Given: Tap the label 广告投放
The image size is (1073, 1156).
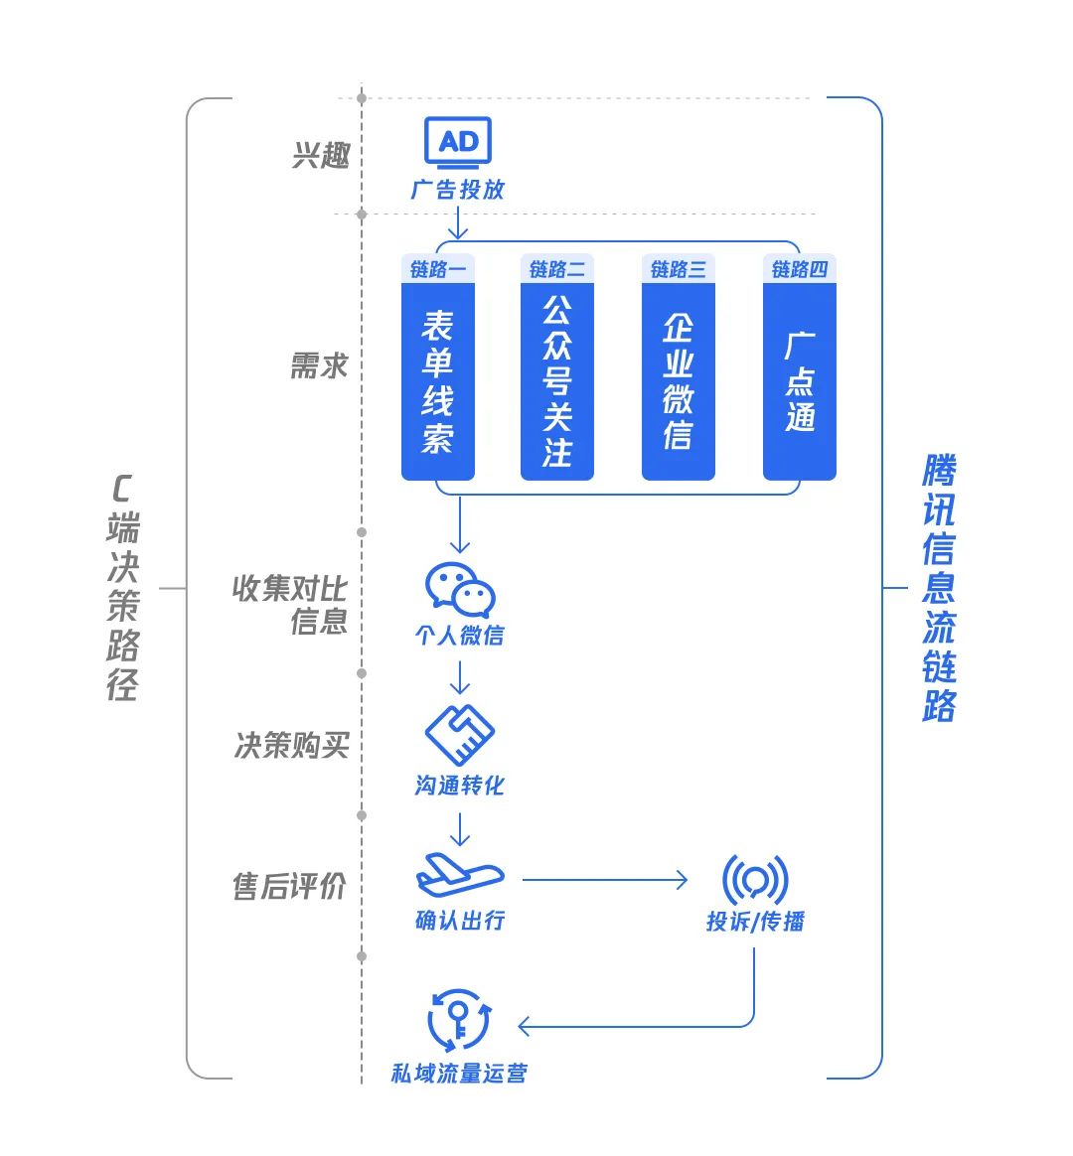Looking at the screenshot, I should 458,190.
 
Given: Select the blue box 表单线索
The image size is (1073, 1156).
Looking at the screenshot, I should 437,381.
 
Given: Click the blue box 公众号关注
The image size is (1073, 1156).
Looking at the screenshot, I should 557,381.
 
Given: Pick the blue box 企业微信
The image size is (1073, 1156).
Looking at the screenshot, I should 679,381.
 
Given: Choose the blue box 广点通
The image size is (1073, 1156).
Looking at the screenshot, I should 800,381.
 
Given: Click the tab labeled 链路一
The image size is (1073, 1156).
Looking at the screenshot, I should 437,269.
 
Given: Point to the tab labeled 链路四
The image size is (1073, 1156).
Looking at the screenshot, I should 800,269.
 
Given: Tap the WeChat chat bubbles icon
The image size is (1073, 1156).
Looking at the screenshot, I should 459,590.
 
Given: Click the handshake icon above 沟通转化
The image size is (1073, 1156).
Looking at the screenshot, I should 459,736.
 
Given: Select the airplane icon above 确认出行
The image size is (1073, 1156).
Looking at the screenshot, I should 459,875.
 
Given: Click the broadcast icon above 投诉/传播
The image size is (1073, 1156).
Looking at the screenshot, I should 755,880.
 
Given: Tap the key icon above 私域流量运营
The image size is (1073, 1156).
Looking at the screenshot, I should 458,1019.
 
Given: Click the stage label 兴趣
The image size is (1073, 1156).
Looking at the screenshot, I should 321,156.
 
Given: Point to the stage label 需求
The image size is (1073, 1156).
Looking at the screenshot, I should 319,366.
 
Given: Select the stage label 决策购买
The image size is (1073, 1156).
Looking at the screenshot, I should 291,746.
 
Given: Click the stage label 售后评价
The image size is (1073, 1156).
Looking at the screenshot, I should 289,887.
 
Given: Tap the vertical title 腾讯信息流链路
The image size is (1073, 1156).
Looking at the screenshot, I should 939,588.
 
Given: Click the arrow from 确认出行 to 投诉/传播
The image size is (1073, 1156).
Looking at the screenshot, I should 604,880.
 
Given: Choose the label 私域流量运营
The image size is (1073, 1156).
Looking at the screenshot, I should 459,1074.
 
